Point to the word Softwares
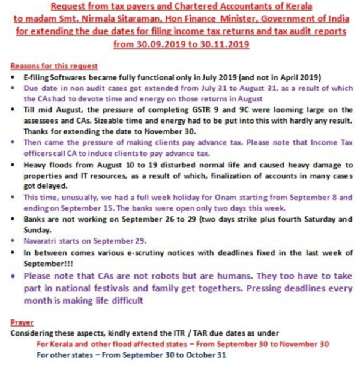tap(71, 78)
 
